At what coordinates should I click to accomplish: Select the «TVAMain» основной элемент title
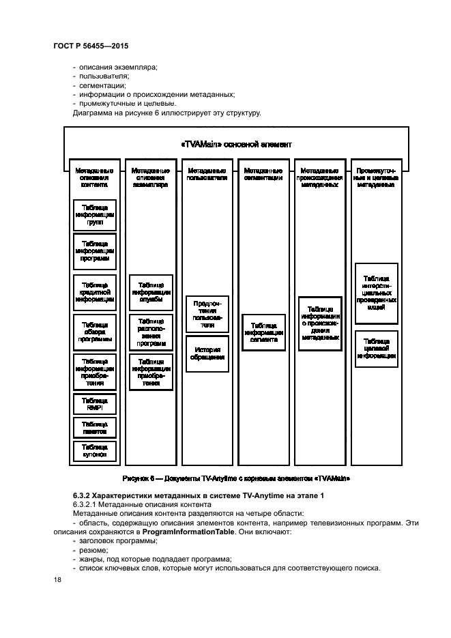pos(237,144)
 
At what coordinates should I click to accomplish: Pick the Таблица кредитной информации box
pos(95,292)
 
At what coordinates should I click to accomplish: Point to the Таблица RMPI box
pos(95,404)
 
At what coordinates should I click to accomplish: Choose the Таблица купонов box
pos(95,450)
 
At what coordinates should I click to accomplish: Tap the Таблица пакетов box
pos(95,428)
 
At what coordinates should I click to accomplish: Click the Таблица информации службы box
pos(151,292)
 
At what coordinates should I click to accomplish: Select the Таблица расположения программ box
pos(151,333)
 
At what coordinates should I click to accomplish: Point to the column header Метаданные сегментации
pos(263,174)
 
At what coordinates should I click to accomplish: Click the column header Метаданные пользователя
pos(207,174)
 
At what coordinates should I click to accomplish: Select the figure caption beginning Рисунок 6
pos(237,478)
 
